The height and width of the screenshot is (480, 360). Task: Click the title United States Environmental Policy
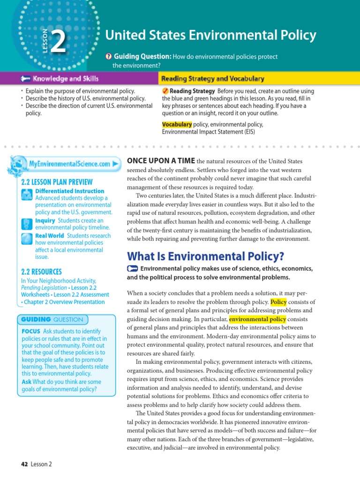point(210,35)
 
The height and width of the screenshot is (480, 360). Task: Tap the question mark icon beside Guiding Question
point(108,57)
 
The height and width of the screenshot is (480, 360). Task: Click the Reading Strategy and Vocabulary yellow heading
point(212,79)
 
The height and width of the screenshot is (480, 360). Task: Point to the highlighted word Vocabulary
point(177,124)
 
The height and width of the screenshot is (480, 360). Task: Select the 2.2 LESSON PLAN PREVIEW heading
point(57,182)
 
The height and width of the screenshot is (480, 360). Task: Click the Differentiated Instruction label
point(70,191)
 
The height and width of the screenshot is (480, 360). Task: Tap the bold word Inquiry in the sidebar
point(45,220)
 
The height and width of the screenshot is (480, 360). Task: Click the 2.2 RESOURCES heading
point(41,271)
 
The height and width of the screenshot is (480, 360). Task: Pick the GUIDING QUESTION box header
point(52,319)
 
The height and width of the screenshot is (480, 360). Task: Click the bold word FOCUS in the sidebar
point(30,331)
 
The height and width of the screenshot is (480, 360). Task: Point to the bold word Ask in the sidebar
point(26,382)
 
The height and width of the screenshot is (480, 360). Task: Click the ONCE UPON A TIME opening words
point(161,161)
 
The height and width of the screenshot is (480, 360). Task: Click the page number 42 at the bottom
point(25,464)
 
